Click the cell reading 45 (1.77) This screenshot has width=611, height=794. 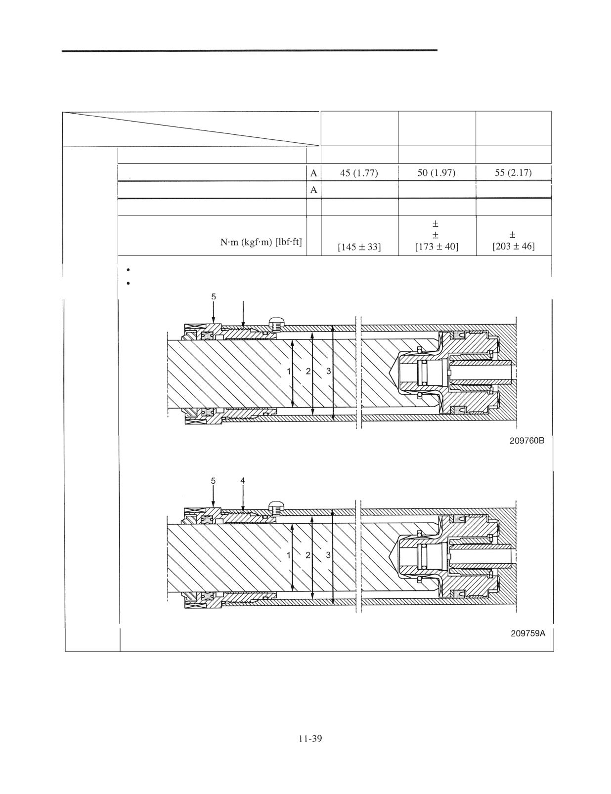359,172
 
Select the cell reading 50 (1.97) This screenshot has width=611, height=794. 436,172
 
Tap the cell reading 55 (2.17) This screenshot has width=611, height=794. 514,172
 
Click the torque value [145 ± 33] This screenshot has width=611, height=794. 359,248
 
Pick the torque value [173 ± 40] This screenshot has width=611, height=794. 436,247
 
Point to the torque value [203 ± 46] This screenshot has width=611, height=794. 514,246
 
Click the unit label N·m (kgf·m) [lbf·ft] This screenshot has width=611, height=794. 261,242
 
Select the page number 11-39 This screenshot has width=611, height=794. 310,739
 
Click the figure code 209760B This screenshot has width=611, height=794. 527,441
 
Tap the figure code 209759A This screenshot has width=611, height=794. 528,633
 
